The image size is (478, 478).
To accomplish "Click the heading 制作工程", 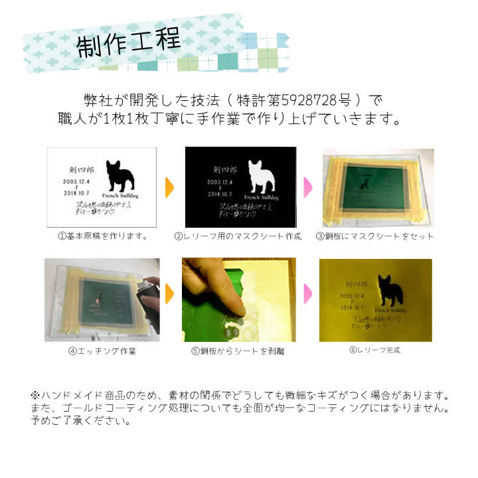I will (129, 44).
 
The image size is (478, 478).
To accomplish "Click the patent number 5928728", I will (309, 100).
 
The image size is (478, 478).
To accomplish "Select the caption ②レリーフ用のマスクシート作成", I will (238, 236).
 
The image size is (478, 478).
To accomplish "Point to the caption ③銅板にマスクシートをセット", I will (376, 236).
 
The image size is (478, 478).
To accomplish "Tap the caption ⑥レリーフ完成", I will (375, 350).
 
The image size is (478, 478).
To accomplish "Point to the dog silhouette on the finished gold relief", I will (392, 291).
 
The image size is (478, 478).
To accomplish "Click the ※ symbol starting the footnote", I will (35, 395).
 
